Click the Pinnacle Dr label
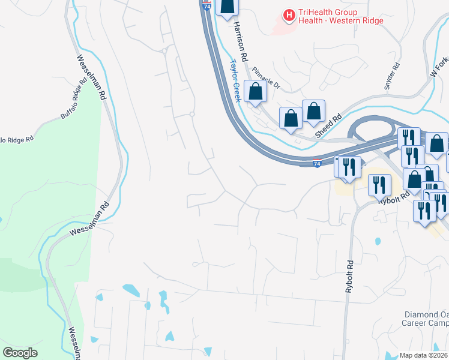(x=267, y=77)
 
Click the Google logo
(x=20, y=353)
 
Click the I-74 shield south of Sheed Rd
(x=317, y=163)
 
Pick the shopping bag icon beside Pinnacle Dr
(x=256, y=92)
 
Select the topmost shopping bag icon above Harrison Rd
(x=227, y=7)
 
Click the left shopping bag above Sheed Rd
(x=291, y=118)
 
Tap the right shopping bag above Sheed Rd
(x=313, y=110)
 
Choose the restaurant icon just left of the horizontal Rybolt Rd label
(x=379, y=184)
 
